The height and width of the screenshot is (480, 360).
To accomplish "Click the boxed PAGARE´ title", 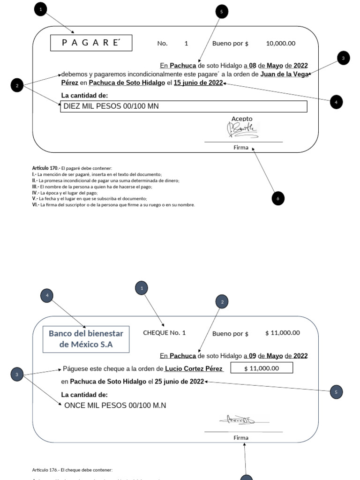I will (x=91, y=43).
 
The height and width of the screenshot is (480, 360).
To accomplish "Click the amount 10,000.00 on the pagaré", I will (x=280, y=43).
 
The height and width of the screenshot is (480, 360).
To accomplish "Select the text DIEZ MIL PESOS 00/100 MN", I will (x=111, y=106).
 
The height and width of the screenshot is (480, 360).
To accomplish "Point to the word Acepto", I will (x=242, y=119).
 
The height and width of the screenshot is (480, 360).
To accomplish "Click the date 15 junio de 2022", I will (x=198, y=83).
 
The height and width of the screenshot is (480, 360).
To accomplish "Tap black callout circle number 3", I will (x=343, y=58).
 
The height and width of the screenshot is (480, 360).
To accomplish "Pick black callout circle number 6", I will (x=278, y=199).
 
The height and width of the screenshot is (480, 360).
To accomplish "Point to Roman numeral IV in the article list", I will (x=35, y=193).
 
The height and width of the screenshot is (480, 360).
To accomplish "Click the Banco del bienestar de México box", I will (x=86, y=339).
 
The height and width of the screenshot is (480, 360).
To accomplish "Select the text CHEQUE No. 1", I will (x=164, y=333).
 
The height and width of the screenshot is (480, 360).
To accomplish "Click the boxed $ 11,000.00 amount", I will (x=262, y=368).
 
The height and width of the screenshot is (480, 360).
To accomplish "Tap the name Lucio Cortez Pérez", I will (x=194, y=368).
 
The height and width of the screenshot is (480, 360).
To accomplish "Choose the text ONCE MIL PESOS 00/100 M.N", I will (x=115, y=405).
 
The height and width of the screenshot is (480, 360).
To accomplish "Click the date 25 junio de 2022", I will (x=179, y=382).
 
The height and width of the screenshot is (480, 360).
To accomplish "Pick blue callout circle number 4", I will (x=47, y=295).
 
